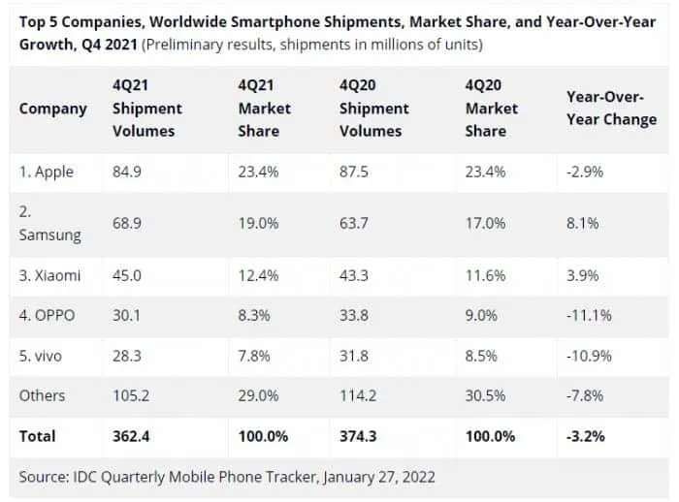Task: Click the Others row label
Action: [x=43, y=395]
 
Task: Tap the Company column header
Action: [x=52, y=109]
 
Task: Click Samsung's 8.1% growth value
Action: [x=580, y=223]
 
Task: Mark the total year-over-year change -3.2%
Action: [x=586, y=436]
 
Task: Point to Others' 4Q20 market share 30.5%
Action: [x=485, y=395]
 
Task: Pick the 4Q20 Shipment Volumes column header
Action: [x=373, y=108]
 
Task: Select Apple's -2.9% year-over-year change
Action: [x=585, y=173]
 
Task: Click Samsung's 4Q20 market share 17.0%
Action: [x=484, y=223]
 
